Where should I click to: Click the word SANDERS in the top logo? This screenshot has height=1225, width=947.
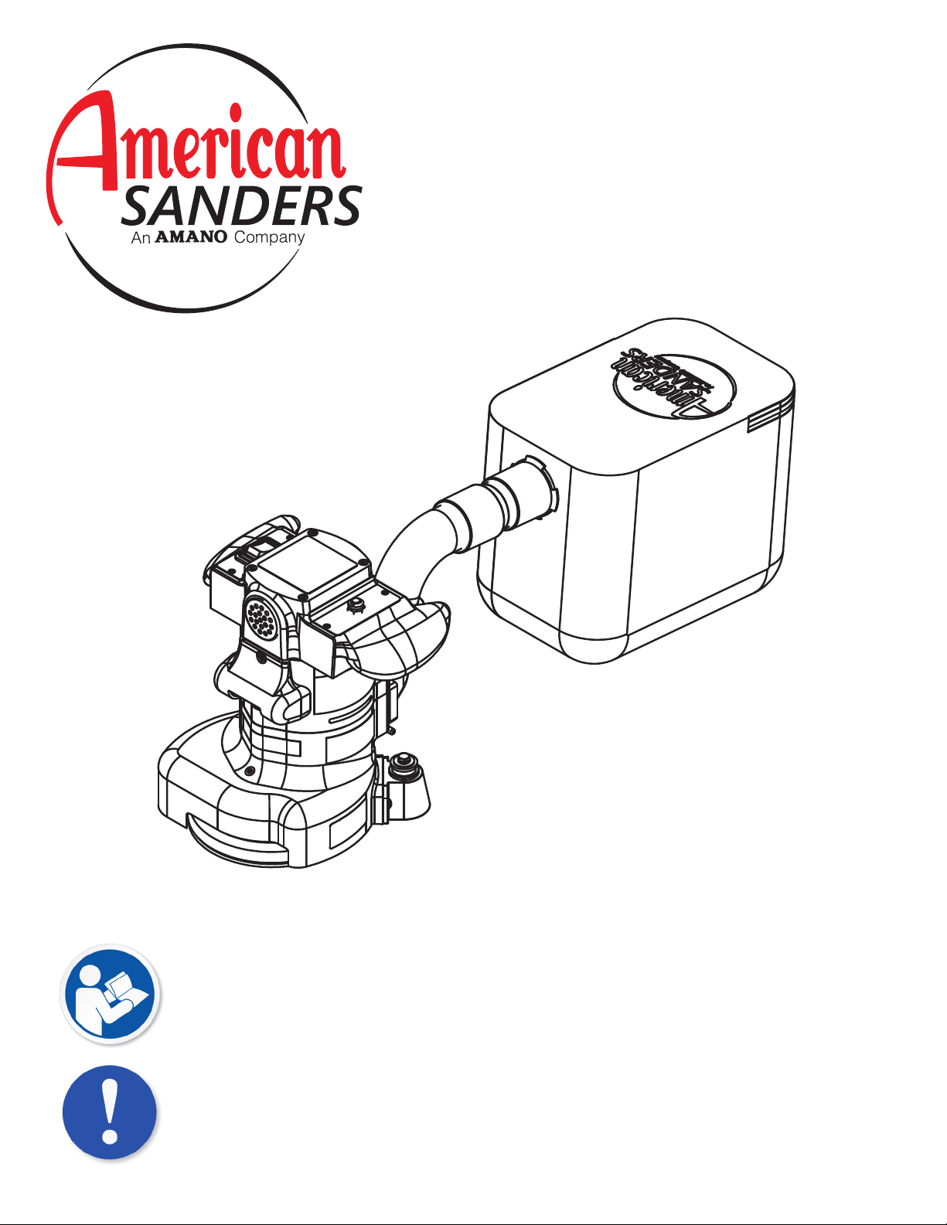click(241, 206)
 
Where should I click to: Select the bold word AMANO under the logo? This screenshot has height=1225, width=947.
click(190, 236)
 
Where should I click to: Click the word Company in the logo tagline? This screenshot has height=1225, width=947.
click(269, 238)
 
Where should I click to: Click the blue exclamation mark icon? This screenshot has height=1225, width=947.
click(109, 1111)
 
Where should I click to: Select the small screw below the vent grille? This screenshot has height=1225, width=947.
click(261, 657)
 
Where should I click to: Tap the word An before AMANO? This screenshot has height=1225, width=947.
click(141, 238)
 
